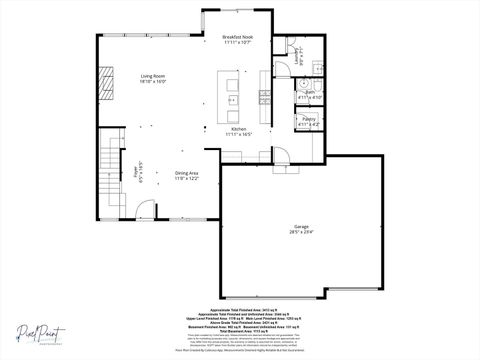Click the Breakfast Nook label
(x=237, y=36)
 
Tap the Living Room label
(x=152, y=76)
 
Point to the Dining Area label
(x=187, y=173)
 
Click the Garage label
(x=301, y=227)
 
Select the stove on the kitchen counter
(x=265, y=96)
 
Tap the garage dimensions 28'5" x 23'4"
(x=302, y=233)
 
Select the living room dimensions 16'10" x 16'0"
(x=152, y=82)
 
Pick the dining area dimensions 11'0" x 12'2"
(x=187, y=179)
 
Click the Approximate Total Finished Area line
(x=239, y=311)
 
